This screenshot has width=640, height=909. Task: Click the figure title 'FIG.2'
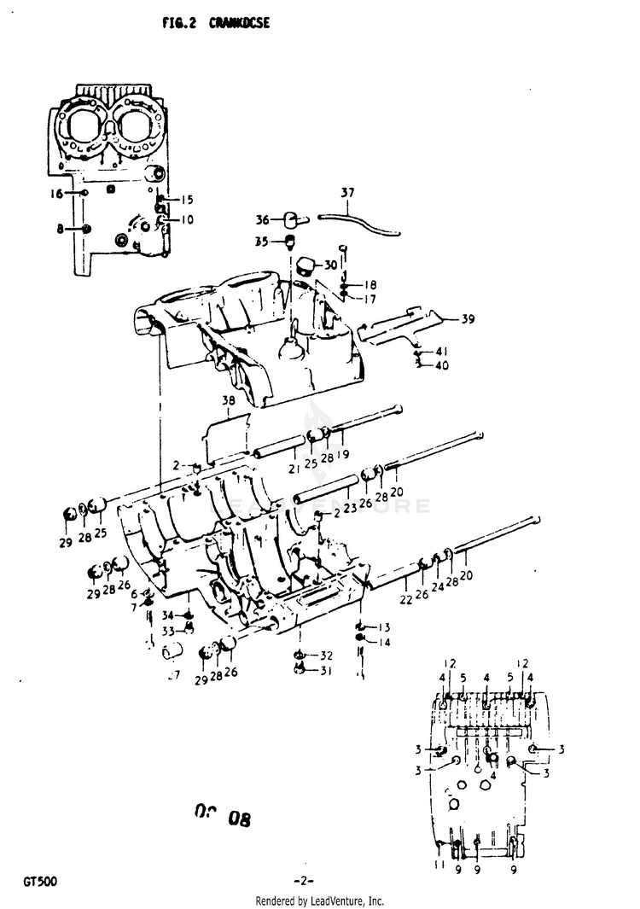click(179, 24)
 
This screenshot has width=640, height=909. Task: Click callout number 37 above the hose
click(347, 191)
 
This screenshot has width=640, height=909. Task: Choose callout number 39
click(468, 320)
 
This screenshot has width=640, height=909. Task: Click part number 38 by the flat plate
click(228, 399)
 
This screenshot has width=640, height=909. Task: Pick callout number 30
click(330, 265)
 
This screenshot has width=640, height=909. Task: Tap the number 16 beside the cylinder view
click(56, 194)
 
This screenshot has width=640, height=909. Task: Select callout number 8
click(61, 228)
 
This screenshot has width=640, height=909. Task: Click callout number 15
click(187, 200)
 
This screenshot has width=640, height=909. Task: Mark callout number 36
click(262, 219)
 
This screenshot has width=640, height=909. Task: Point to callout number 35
click(261, 242)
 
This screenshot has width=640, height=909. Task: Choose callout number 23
click(350, 508)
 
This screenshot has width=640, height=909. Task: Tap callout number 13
click(384, 626)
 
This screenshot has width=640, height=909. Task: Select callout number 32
click(327, 656)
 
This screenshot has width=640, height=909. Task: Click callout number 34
click(168, 615)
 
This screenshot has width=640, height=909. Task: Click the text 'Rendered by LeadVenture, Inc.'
click(320, 901)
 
